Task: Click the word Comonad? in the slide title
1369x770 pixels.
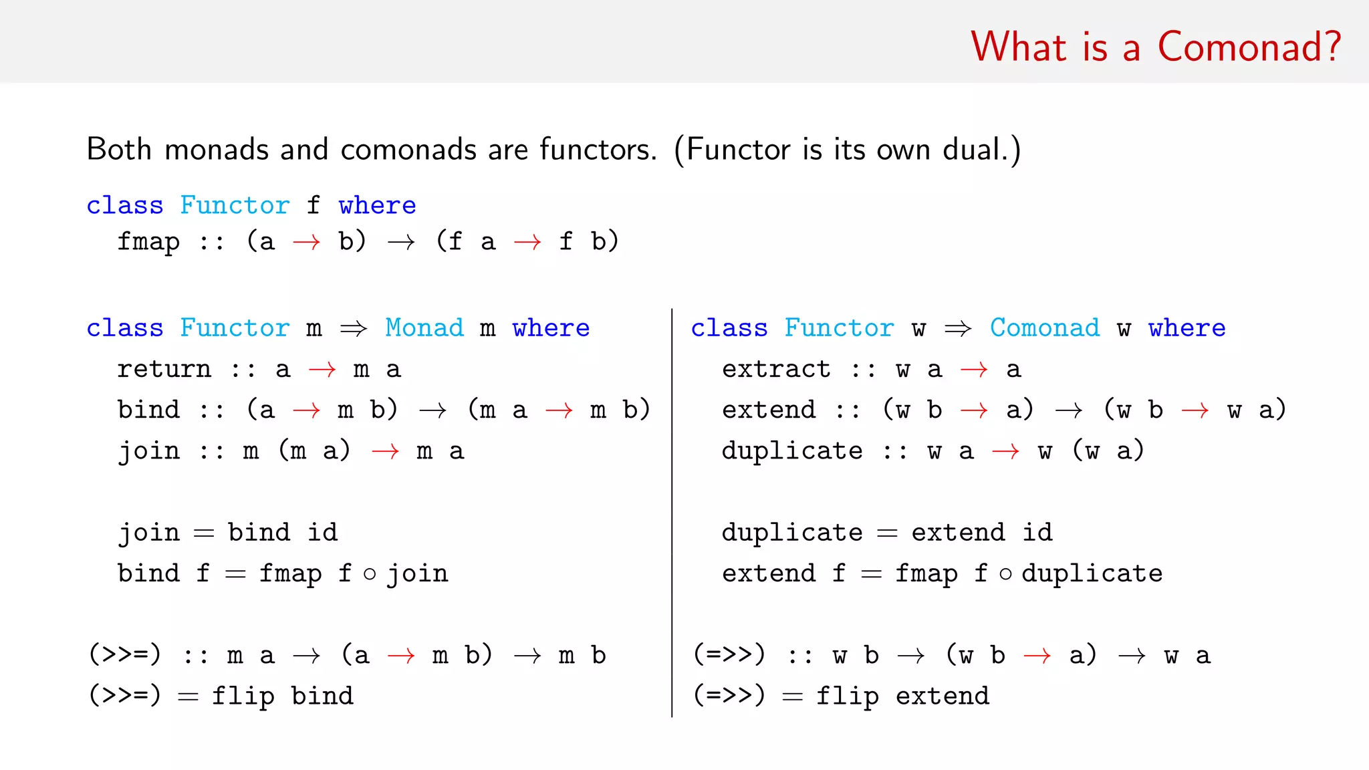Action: point(1249,47)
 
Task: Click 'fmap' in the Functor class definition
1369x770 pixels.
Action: point(148,242)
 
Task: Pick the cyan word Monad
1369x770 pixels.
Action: point(424,328)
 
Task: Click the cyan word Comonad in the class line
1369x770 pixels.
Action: point(1044,328)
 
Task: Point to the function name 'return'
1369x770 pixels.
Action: point(164,369)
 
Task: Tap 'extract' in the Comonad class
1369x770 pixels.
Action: point(775,369)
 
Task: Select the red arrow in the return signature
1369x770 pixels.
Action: point(322,370)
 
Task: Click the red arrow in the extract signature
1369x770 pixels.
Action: point(973,370)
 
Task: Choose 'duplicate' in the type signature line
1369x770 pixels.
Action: point(791,451)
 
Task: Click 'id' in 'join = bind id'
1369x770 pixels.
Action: point(322,533)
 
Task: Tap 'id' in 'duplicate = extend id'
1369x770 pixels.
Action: point(1037,533)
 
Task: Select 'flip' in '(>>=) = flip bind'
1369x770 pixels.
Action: point(243,696)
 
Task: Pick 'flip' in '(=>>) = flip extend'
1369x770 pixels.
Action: point(847,696)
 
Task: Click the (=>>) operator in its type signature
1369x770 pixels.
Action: point(729,655)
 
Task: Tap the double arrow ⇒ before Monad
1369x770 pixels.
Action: point(354,328)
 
